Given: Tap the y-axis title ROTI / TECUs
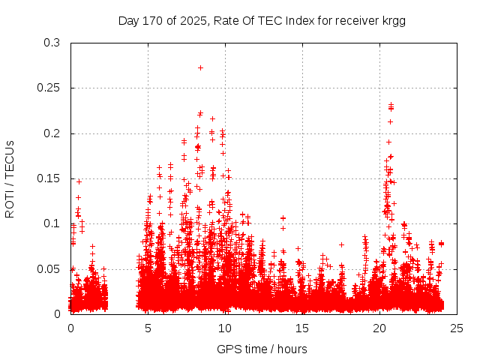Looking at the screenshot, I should (x=10, y=178).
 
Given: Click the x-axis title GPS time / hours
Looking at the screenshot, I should (x=262, y=349).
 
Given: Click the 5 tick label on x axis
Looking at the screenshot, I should (x=148, y=328).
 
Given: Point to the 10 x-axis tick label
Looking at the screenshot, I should (x=225, y=328).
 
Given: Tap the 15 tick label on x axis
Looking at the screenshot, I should (x=302, y=328).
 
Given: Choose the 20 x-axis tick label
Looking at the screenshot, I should (x=379, y=328).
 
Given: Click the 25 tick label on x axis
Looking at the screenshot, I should (x=456, y=328).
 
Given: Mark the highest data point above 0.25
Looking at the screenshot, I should (x=200, y=67).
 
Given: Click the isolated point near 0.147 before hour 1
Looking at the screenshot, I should (x=79, y=181).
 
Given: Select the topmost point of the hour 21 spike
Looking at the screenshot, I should (x=391, y=105).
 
